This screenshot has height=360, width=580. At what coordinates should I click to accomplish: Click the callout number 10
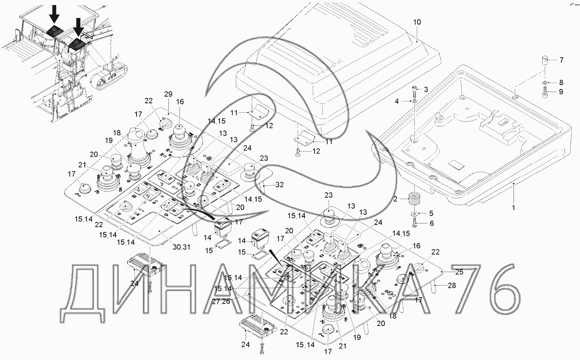(x=417, y=22)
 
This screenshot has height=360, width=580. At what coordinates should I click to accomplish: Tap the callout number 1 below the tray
(x=513, y=207)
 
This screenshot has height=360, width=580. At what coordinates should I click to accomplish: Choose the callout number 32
(x=279, y=184)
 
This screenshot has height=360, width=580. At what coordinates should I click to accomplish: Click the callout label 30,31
(x=182, y=247)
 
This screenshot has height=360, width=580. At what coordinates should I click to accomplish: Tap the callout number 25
(x=459, y=272)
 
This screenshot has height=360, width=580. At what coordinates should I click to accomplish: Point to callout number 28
(x=452, y=286)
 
